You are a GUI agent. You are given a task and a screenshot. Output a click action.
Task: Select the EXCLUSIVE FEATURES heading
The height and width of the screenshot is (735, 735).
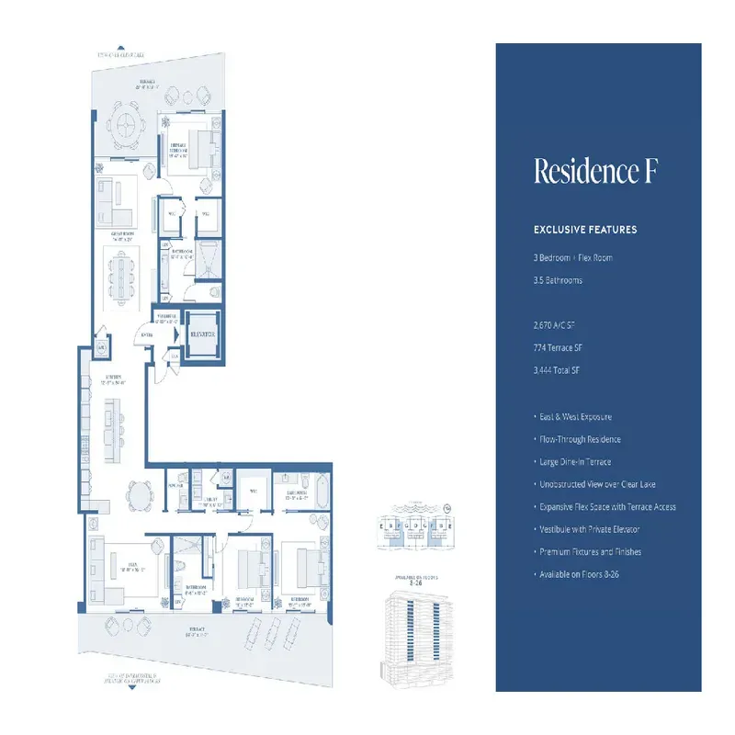(x=585, y=230)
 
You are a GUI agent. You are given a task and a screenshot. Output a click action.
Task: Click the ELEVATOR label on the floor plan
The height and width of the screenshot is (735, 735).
(x=201, y=336)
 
